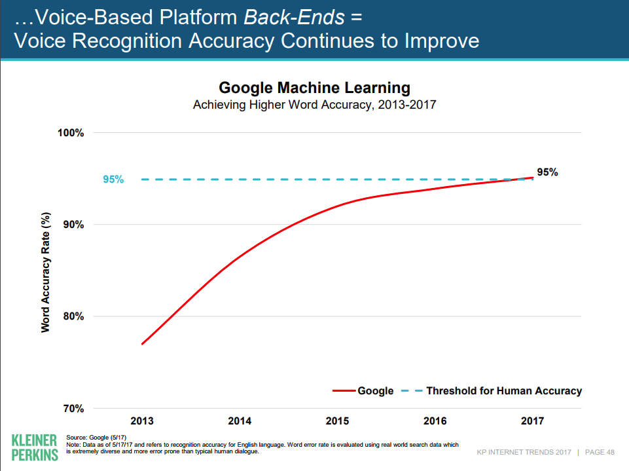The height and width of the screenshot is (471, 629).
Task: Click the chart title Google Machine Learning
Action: coord(314,88)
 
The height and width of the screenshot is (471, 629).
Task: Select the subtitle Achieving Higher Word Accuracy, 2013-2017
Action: coord(314,104)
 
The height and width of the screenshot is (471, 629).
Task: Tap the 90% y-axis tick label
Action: coord(73,225)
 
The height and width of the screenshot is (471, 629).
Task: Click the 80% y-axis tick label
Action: coord(73,316)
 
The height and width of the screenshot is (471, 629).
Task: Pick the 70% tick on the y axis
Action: coord(73,409)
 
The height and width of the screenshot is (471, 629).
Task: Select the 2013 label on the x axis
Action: coord(142,421)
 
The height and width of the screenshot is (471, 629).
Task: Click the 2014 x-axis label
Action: coord(239,421)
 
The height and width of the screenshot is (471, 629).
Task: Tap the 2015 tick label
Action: coord(337,421)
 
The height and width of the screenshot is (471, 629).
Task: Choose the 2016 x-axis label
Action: coord(435,421)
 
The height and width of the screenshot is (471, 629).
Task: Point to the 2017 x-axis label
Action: coord(533,421)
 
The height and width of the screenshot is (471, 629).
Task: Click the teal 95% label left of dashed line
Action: coord(113,179)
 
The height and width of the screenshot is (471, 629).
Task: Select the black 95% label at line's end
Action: coord(547,172)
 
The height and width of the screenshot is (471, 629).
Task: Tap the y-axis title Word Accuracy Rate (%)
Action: coord(46,271)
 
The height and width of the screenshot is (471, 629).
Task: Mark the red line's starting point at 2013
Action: coord(142,344)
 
